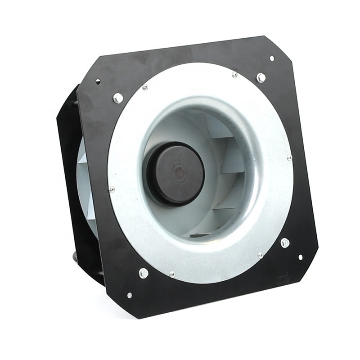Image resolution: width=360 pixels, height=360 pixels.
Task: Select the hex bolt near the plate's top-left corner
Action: tap(118, 98)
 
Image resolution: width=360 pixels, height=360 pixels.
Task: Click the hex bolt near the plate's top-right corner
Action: tap(261, 77)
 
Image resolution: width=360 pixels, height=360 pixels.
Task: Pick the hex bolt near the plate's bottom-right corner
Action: tap(285, 243)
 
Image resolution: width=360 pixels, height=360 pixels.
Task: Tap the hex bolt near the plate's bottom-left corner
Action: tap(144, 273)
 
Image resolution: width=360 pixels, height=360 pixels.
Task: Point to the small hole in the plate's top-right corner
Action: tap(272, 58)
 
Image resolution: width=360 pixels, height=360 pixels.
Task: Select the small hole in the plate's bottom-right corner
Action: tap(300, 257)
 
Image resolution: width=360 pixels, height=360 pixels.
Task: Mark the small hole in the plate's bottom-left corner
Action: tap(130, 295)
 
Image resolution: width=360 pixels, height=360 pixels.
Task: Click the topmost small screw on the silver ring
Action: tap(234, 75)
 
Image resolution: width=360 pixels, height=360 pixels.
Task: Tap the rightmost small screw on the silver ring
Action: tap(289, 157)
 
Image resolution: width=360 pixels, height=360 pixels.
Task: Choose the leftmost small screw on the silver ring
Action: tap(112, 189)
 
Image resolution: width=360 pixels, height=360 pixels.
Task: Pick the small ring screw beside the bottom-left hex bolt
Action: tap(171, 274)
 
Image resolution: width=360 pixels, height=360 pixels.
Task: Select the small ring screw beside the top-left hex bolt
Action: tap(145, 87)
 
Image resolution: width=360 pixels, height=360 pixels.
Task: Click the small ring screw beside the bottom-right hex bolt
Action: tap(260, 255)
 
